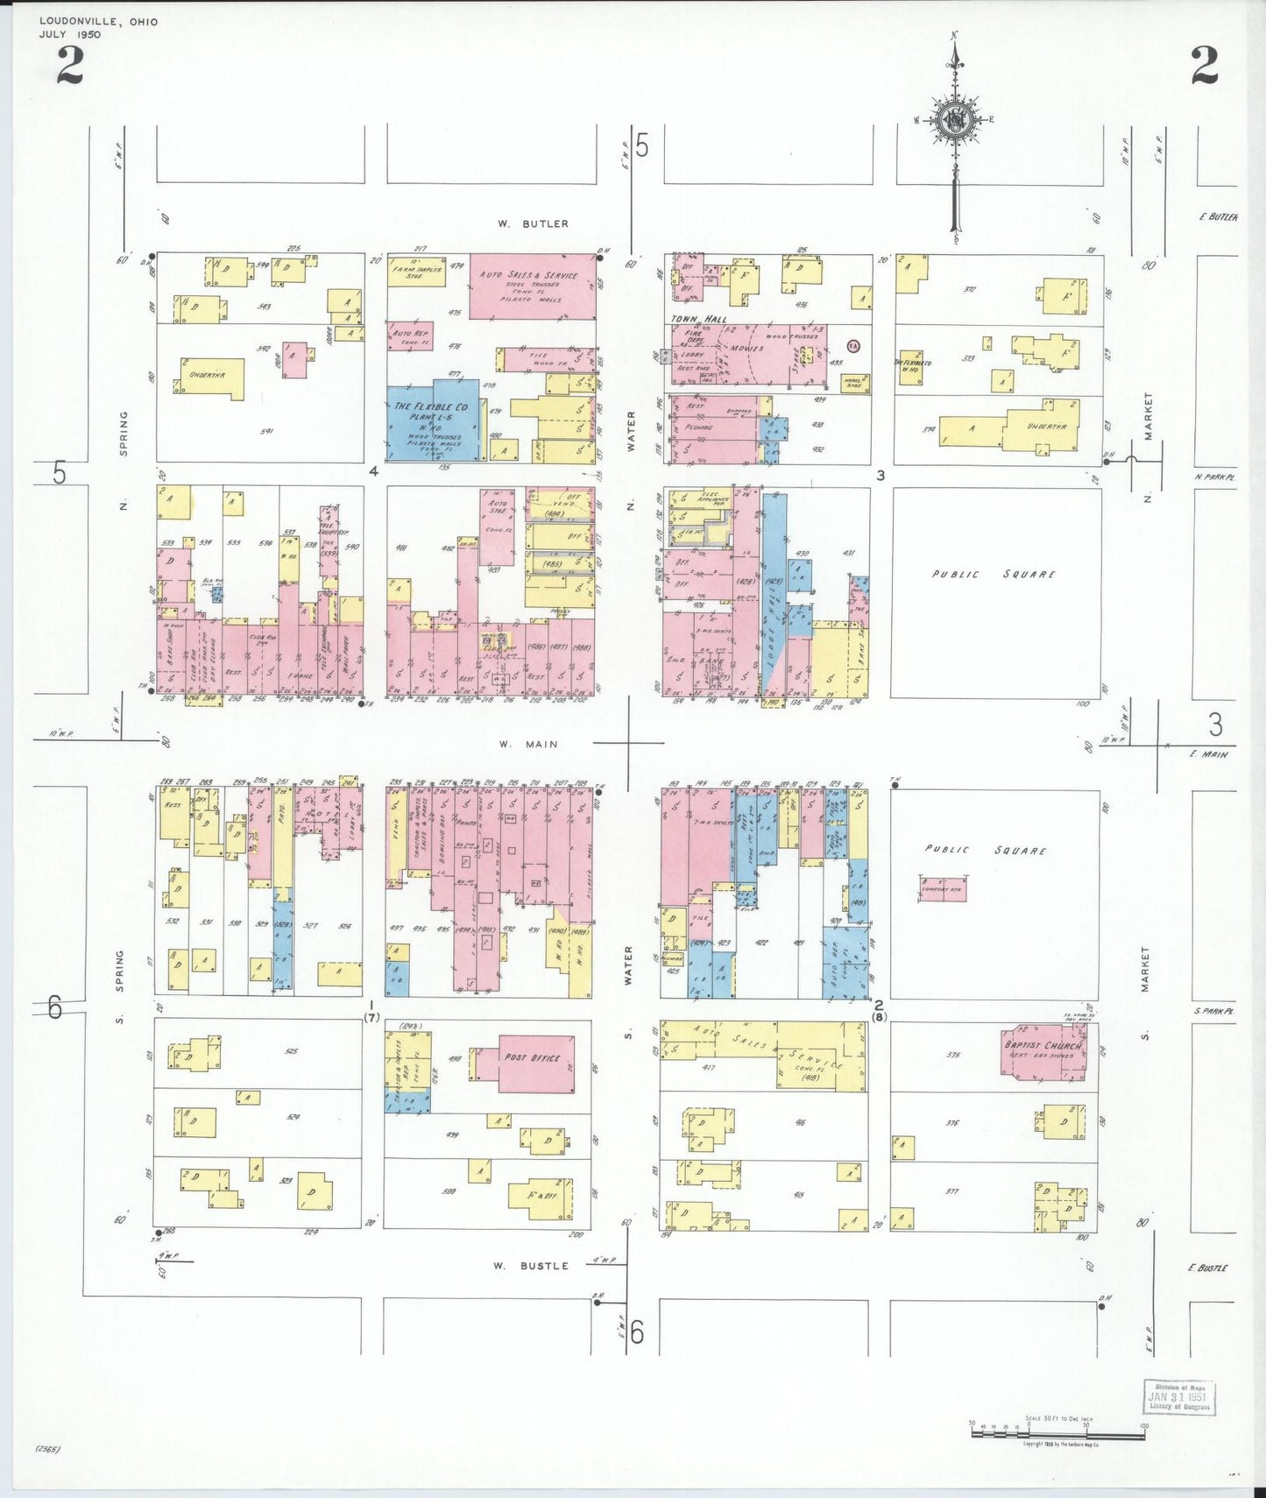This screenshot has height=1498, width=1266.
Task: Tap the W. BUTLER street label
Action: click(533, 224)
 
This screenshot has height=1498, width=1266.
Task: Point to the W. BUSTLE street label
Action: click(530, 1266)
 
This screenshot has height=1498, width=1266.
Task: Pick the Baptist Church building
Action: click(1043, 1050)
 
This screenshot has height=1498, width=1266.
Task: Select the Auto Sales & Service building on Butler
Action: click(532, 286)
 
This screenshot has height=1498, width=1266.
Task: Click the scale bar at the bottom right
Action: click(1057, 1434)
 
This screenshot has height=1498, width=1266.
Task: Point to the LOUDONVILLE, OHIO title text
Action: click(98, 22)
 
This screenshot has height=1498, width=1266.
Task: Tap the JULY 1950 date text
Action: click(70, 35)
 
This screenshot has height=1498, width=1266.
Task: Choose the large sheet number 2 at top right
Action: click(1204, 66)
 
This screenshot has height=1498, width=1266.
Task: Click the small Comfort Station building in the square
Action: click(943, 889)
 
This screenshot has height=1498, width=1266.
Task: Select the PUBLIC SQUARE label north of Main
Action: click(994, 575)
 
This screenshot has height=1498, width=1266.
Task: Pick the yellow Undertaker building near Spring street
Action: click(211, 378)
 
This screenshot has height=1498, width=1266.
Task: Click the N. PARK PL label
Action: click(1213, 477)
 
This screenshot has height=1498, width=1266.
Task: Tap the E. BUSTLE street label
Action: click(1207, 1268)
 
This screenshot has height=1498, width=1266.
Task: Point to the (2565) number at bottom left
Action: click(47, 1448)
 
